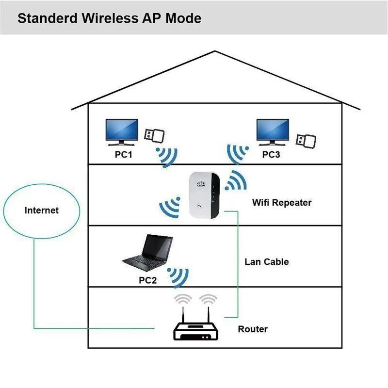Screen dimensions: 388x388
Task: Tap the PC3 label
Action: (272, 155)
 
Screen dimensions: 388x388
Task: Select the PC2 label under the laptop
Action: (147, 280)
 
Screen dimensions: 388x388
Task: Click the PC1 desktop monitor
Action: (122, 132)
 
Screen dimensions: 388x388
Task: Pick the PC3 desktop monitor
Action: (272, 132)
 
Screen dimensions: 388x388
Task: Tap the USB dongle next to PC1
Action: (154, 134)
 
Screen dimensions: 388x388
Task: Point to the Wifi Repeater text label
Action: (282, 202)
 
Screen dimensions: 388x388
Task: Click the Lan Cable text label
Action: (266, 262)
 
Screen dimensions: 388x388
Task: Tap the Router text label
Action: (252, 329)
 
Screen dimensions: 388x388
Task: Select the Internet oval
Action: (41, 210)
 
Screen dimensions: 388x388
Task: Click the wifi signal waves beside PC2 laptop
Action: (178, 276)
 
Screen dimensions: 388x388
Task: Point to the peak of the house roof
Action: (215, 52)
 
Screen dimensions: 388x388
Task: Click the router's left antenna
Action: (184, 313)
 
